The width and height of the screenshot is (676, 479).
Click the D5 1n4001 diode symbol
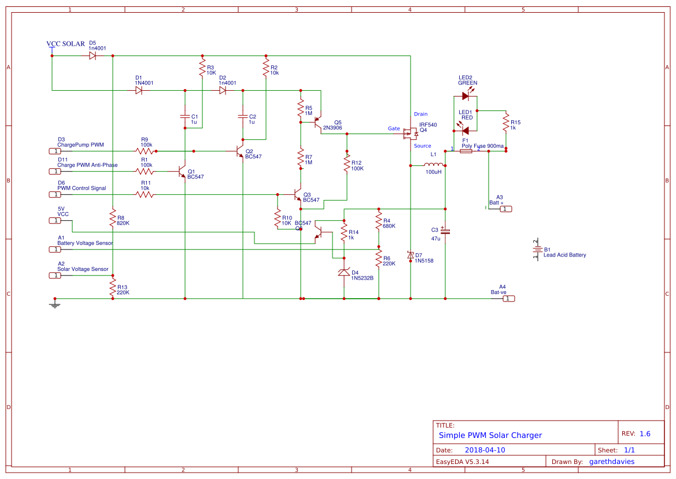(x=93, y=56)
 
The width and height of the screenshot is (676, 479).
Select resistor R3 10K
(x=202, y=70)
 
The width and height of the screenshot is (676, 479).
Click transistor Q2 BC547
(x=239, y=151)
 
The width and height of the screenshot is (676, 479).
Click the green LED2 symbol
(x=466, y=96)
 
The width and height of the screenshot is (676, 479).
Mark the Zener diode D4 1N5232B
(x=344, y=273)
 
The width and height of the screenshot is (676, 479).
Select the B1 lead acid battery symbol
(x=536, y=250)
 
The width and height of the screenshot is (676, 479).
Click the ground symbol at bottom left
(x=54, y=304)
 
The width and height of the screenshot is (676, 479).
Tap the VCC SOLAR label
(x=65, y=44)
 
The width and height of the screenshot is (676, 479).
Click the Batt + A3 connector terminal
(x=505, y=209)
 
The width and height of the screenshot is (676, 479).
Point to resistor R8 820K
(x=113, y=218)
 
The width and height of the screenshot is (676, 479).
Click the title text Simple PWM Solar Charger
(x=490, y=435)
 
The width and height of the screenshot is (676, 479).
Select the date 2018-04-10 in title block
(x=485, y=450)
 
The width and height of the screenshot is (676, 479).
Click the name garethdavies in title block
(x=611, y=462)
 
